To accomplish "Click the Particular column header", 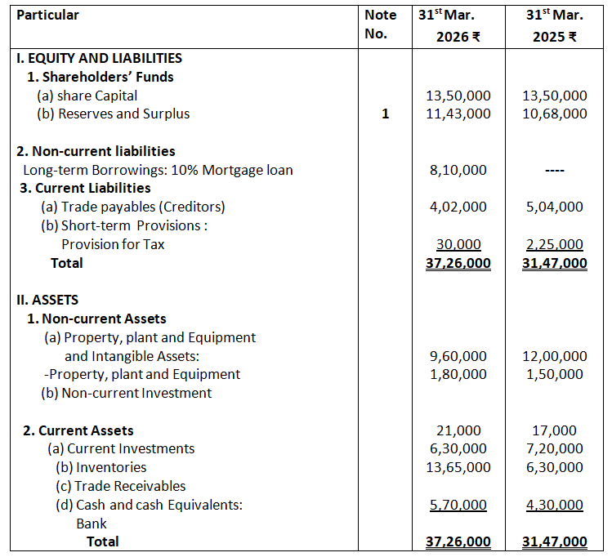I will (x=48, y=15).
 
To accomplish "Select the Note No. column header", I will (x=380, y=25).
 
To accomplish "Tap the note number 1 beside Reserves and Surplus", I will (x=385, y=114).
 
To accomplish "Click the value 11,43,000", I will (x=458, y=114).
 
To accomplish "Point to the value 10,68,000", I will (x=554, y=114).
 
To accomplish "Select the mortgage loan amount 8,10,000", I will (x=458, y=171).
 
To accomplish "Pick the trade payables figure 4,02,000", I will (x=458, y=207).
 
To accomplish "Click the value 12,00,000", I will (x=554, y=356).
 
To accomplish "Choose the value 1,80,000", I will (x=458, y=374).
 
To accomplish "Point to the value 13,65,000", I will (x=458, y=467).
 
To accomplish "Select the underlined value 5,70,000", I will (x=458, y=505).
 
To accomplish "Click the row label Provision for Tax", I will (x=113, y=244).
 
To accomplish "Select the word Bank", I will (x=92, y=524).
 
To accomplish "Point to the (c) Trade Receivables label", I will (x=120, y=486).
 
